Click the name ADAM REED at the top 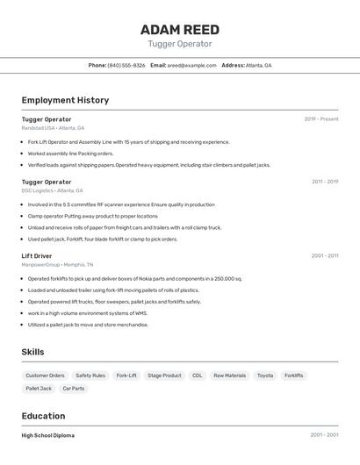[180, 29]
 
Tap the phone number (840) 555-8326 [126, 65]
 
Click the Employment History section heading [65, 100]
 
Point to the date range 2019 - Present [321, 119]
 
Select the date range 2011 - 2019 [325, 182]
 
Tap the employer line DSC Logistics [52, 190]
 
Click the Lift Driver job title [37, 256]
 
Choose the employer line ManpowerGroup [57, 265]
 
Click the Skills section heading [32, 352]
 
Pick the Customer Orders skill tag [45, 376]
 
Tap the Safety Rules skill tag [90, 376]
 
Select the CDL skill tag [198, 376]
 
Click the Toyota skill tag [265, 376]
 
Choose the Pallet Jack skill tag [39, 389]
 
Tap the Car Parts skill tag [74, 389]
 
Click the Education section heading [43, 416]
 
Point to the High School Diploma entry [48, 435]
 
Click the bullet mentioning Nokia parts [134, 279]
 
